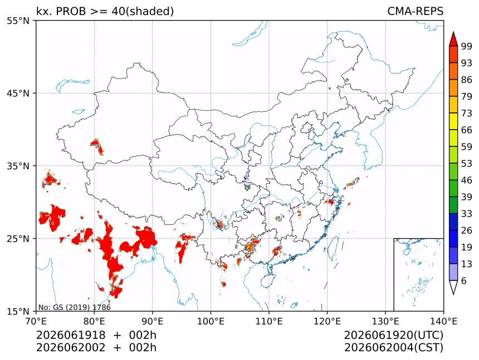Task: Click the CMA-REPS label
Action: click(x=415, y=11)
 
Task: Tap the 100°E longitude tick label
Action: click(x=211, y=321)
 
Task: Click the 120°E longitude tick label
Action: click(x=327, y=321)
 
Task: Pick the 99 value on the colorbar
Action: click(x=467, y=47)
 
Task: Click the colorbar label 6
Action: click(x=464, y=280)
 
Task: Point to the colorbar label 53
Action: click(x=467, y=164)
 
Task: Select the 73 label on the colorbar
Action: click(x=467, y=114)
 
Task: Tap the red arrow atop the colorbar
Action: click(x=453, y=38)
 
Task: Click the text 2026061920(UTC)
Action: click(x=393, y=336)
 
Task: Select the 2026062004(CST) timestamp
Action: click(x=393, y=348)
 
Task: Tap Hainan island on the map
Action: click(x=268, y=280)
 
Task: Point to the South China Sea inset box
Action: click(x=418, y=274)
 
